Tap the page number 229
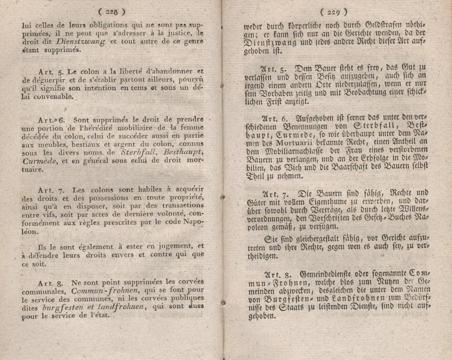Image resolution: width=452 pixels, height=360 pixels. [x=333, y=13]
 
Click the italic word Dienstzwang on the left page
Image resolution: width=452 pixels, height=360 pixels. [x=80, y=42]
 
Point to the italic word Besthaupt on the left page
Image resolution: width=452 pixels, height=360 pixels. [x=183, y=152]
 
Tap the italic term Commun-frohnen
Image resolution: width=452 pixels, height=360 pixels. [x=104, y=291]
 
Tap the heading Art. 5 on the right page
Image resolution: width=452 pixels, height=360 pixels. [x=273, y=69]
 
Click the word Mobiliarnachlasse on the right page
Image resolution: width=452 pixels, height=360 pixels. [x=291, y=150]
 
